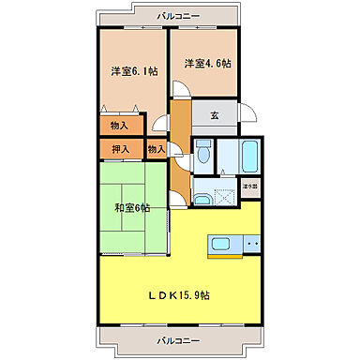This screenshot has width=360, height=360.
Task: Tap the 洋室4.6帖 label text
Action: pyautogui.click(x=205, y=63)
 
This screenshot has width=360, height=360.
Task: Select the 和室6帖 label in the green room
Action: pyautogui.click(x=134, y=207)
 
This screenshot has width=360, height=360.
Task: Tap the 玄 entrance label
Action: pyautogui.click(x=215, y=115)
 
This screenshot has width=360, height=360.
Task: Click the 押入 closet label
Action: pyautogui.click(x=121, y=148)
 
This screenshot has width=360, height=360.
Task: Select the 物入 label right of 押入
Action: pyautogui.click(x=156, y=148)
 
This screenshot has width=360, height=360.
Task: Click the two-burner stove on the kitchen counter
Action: pyautogui.click(x=250, y=246)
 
